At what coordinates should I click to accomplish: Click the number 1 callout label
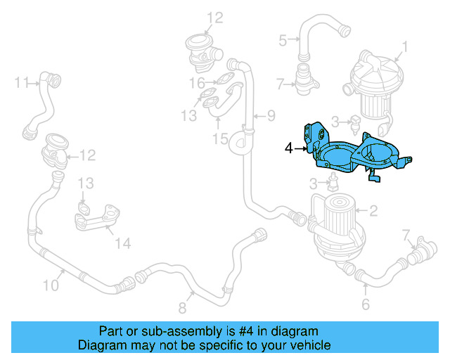click(404, 49)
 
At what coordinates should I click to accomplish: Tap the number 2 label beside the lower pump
click(373, 210)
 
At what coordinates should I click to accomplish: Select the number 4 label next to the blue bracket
click(288, 148)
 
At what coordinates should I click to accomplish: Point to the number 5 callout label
click(283, 40)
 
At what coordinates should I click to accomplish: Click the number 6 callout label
click(366, 304)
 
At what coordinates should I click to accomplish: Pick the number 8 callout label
click(183, 307)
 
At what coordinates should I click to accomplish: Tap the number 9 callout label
click(271, 115)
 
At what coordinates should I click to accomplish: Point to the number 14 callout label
click(123, 243)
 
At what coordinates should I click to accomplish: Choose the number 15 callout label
click(221, 139)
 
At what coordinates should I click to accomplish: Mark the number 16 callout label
click(196, 83)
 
